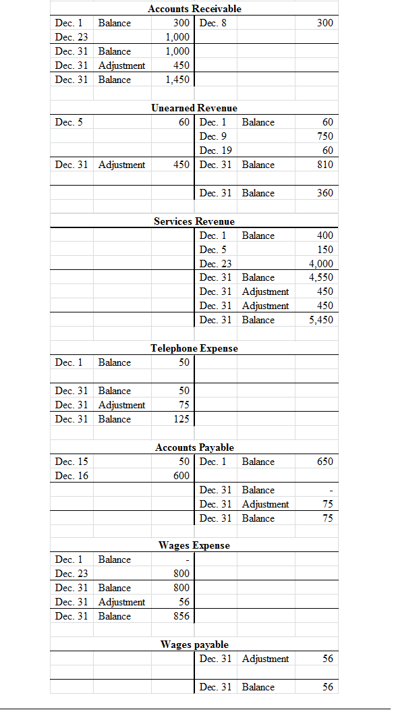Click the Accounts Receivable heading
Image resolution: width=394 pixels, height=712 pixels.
[x=194, y=9]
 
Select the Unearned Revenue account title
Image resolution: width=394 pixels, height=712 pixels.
[x=194, y=108]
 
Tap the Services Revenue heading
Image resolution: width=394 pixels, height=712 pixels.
[x=194, y=221]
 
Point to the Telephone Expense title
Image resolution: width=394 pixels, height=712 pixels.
[x=194, y=348]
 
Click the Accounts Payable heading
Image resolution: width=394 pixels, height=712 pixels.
[x=194, y=447]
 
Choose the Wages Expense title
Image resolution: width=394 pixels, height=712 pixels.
[x=194, y=545]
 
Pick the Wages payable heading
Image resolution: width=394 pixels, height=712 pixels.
[x=194, y=645]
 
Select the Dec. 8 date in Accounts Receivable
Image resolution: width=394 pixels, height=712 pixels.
[x=214, y=23]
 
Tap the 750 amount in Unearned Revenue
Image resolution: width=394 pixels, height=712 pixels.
[x=325, y=136]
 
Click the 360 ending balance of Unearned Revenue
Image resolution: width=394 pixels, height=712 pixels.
[x=325, y=193]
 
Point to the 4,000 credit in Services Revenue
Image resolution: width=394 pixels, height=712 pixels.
[x=321, y=264]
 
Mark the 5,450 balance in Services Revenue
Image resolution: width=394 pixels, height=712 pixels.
[x=321, y=320]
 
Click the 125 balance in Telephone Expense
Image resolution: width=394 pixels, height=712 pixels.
[x=181, y=419]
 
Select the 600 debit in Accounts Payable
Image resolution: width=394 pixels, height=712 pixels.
[x=181, y=476]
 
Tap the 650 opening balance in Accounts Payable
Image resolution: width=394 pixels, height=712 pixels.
[x=325, y=462]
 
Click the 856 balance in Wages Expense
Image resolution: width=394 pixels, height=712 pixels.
[x=181, y=616]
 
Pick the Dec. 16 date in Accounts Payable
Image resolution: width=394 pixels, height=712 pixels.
[x=72, y=476]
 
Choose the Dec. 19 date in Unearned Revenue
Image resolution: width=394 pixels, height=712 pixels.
[x=216, y=150]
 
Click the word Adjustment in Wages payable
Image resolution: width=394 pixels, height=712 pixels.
[x=265, y=659]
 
